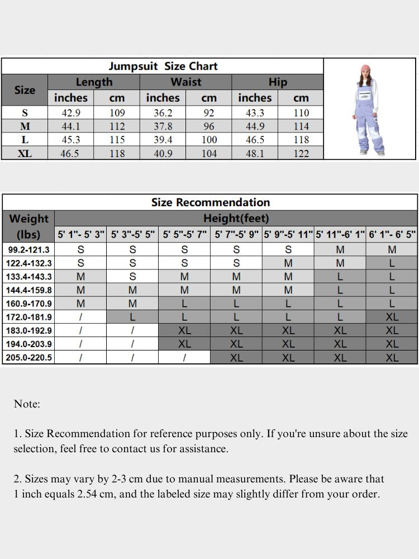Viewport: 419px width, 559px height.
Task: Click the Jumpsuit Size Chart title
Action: pyautogui.click(x=163, y=66)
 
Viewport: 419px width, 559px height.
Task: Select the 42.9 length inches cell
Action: pyautogui.click(x=70, y=112)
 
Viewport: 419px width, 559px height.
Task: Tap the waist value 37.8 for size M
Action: pyautogui.click(x=163, y=126)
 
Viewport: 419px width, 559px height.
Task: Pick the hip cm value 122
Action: pyautogui.click(x=301, y=153)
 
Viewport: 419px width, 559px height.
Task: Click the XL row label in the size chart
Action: pyautogui.click(x=25, y=153)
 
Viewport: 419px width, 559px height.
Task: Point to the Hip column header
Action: pyautogui.click(x=278, y=82)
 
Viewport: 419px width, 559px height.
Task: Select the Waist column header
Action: pyautogui.click(x=185, y=82)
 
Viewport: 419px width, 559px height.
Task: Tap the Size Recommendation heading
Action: pyautogui.click(x=210, y=202)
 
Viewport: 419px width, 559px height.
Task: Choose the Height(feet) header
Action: pyautogui.click(x=236, y=218)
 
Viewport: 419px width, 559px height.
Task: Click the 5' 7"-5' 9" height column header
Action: pyautogui.click(x=236, y=235)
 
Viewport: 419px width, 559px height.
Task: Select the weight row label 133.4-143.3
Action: pyautogui.click(x=29, y=277)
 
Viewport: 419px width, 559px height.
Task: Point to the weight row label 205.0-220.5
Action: pyautogui.click(x=29, y=358)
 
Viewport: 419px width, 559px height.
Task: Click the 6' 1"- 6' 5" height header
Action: pyautogui.click(x=392, y=235)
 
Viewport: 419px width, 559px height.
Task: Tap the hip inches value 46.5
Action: pyautogui.click(x=255, y=140)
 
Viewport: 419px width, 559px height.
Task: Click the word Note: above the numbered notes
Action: pyautogui.click(x=27, y=404)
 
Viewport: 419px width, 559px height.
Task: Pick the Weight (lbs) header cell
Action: pyautogui.click(x=29, y=226)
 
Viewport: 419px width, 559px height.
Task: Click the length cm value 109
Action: pyautogui.click(x=117, y=112)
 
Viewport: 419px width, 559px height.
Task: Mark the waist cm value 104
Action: pyautogui.click(x=209, y=153)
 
